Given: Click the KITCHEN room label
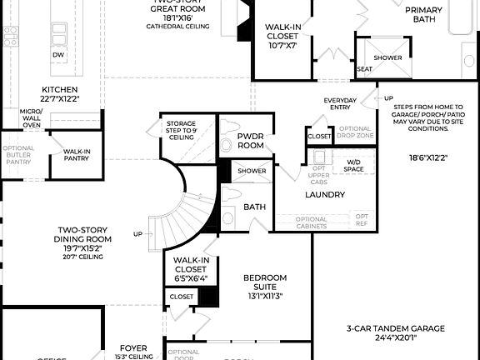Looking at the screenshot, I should tap(60, 89).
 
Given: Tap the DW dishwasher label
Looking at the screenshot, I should tap(57, 55).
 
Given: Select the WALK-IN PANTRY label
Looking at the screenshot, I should tap(76, 156).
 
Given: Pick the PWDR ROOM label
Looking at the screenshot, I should tap(250, 139).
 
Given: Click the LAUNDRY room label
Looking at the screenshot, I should tap(324, 194).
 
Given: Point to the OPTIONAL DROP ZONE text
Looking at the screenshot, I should tap(355, 132).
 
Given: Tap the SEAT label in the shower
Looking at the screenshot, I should tap(364, 69).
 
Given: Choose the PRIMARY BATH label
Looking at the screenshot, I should tap(424, 14).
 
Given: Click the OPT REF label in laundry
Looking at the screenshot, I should tap(361, 219).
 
